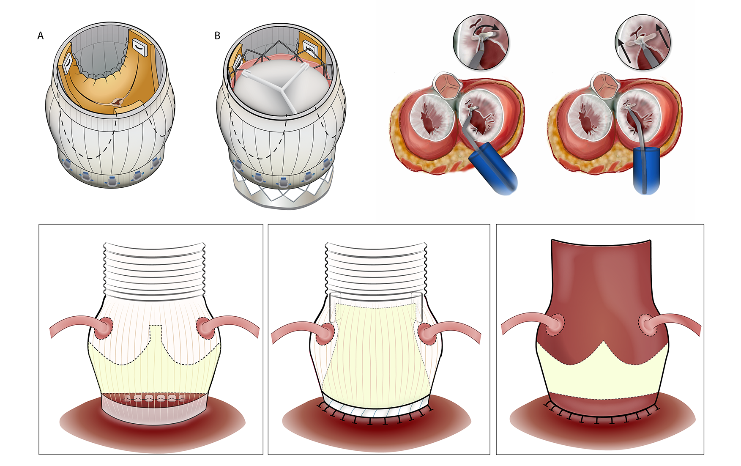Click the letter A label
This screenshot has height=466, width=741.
pos(41,36)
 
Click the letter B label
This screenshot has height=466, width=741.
pos(217,36)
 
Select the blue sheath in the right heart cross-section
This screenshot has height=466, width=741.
pos(646,169)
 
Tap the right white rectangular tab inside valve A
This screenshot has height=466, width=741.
pos(139,47)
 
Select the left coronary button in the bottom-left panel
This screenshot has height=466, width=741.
pos(104,328)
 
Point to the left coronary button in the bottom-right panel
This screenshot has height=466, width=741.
pos(555,324)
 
